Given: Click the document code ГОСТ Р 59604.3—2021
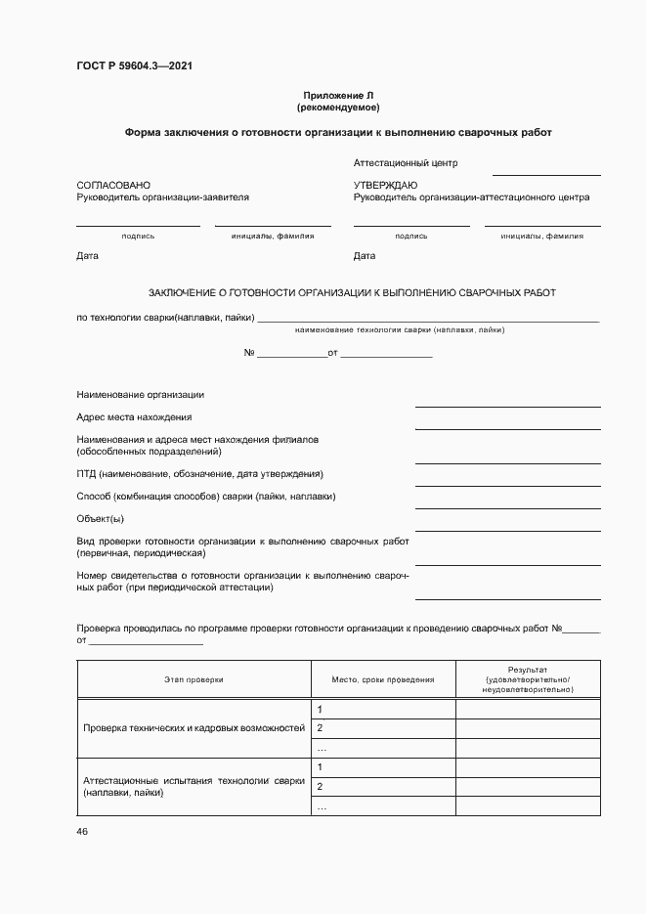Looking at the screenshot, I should tap(135, 66).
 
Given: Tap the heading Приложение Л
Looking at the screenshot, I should tap(337, 95).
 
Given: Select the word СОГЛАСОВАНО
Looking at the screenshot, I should tap(113, 185).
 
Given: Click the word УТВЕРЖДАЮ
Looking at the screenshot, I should tap(385, 185).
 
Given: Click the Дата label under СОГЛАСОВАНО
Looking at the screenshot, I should tap(87, 256).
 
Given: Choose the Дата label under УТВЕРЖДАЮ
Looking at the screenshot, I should tap(365, 256).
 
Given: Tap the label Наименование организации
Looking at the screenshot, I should tap(141, 394).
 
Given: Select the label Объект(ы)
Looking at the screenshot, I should tap(100, 518).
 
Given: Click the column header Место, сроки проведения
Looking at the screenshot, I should tap(382, 678).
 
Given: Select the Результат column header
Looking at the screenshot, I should tap(528, 678).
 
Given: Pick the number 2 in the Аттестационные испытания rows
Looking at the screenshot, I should tap(321, 787).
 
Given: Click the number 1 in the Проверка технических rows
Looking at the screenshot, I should tap(321, 709).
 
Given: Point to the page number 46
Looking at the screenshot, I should tap(82, 831).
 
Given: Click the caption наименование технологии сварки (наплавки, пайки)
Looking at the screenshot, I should tap(399, 329).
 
